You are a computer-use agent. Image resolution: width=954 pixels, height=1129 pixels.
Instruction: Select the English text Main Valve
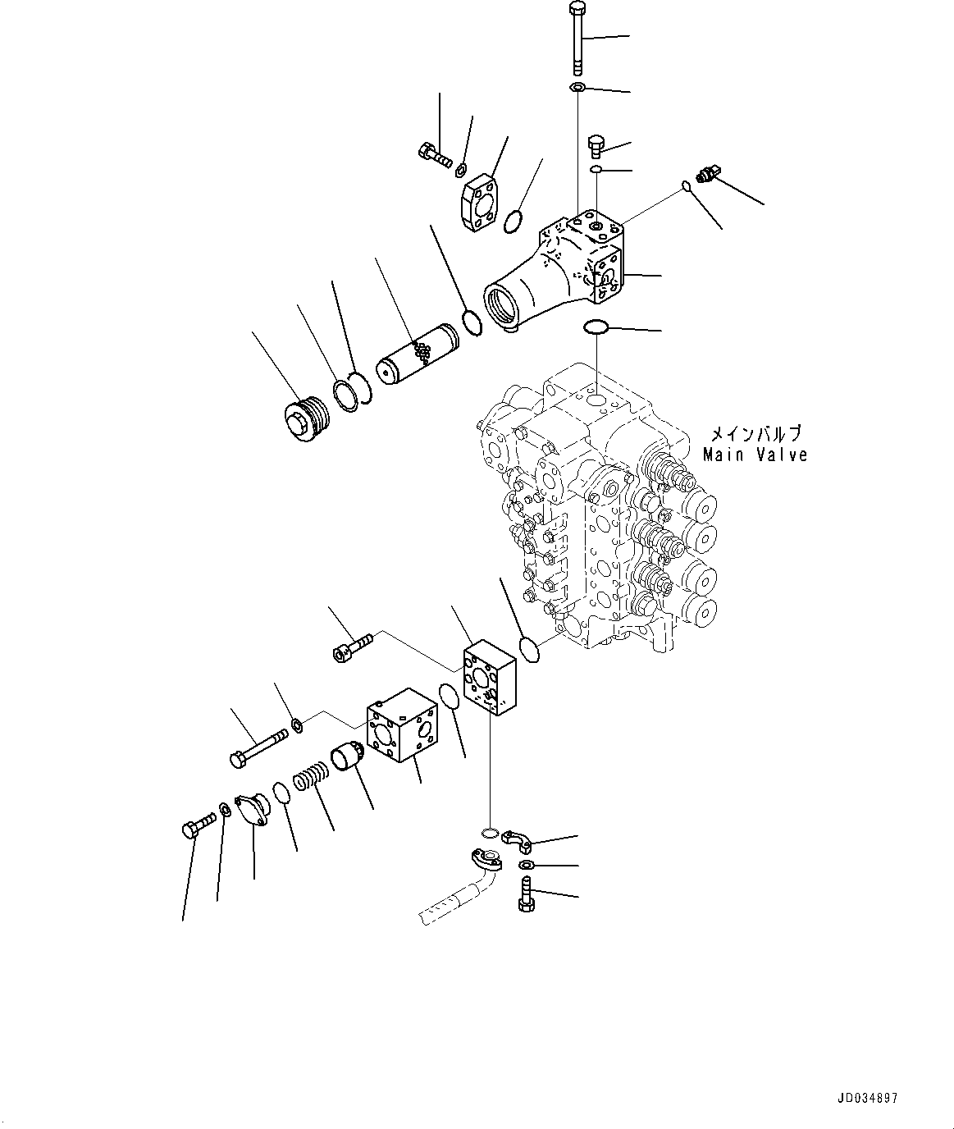coord(755,455)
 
